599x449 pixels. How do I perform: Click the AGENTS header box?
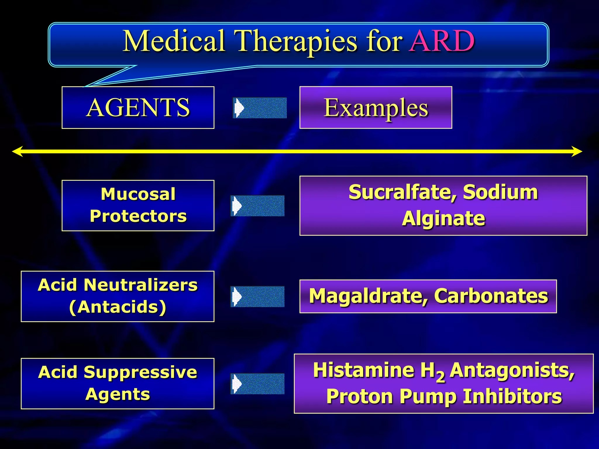pyautogui.click(x=138, y=108)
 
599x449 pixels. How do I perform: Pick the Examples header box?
pyautogui.click(x=376, y=108)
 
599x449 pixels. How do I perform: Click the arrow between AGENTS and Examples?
pyautogui.click(x=260, y=108)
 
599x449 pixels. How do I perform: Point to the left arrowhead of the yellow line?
pyautogui.click(x=18, y=151)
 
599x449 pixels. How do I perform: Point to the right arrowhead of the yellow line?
pyautogui.click(x=577, y=151)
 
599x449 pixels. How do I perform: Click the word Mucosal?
pyautogui.click(x=138, y=194)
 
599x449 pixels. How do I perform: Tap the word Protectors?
pyautogui.click(x=138, y=216)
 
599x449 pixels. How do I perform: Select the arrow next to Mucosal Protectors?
pyautogui.click(x=257, y=206)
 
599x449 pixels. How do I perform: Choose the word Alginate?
pyautogui.click(x=443, y=219)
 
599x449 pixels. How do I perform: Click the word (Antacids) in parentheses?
pyautogui.click(x=118, y=307)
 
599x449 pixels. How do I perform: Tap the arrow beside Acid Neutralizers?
pyautogui.click(x=257, y=296)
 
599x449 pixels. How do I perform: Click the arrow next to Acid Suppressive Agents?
pyautogui.click(x=257, y=384)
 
